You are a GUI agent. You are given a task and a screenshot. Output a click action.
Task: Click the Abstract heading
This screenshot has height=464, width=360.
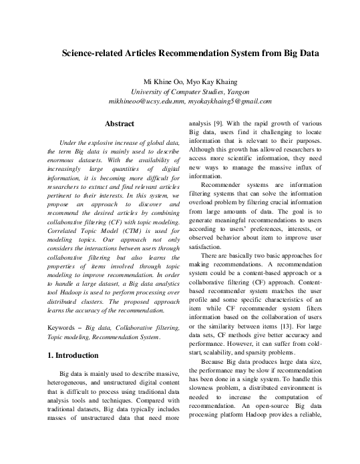120,124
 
